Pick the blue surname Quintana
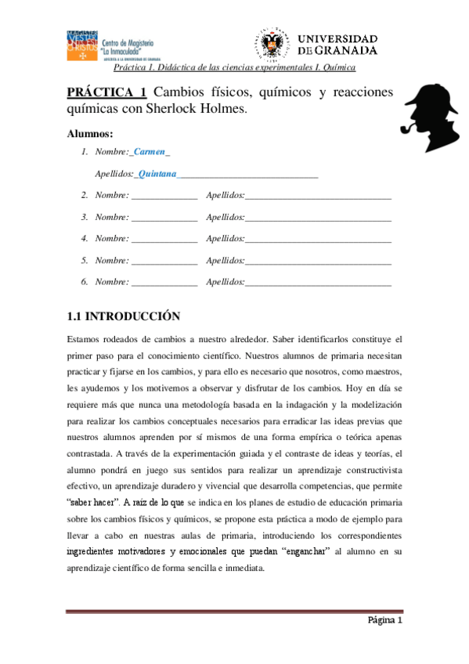click(157, 173)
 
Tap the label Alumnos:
click(90, 133)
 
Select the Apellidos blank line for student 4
click(318, 239)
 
